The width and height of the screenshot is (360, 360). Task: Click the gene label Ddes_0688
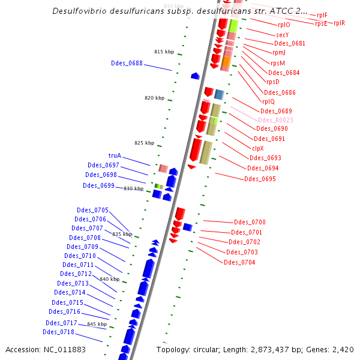coord(127,63)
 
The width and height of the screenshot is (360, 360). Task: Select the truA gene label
coord(115,155)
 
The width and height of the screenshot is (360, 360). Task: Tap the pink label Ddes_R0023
coord(276,120)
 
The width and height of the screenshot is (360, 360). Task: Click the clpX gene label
coord(257,148)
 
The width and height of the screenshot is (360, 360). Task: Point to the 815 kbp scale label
coord(164,52)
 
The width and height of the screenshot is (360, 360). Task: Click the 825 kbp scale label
coord(144,143)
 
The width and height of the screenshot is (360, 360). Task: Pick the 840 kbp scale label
coord(109,279)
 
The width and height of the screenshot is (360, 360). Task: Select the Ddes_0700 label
coord(250,222)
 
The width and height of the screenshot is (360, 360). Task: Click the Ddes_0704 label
coord(239,262)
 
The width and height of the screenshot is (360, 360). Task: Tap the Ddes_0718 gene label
coord(58,332)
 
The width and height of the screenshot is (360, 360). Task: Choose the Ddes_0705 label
coord(92,210)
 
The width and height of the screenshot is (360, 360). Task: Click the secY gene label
coord(283,35)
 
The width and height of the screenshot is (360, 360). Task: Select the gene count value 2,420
coord(343,349)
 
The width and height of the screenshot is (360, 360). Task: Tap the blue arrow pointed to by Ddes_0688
coord(195,76)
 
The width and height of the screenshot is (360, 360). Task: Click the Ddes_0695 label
coord(260,179)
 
